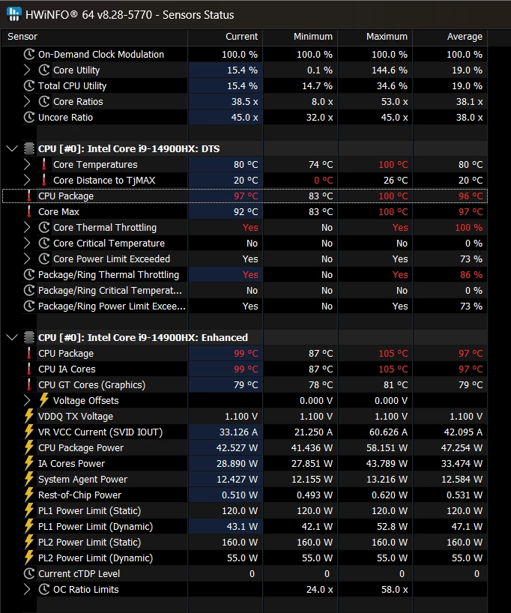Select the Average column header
[465, 37]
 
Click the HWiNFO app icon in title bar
[13, 14]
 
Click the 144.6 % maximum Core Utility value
[390, 70]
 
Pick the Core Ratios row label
[78, 102]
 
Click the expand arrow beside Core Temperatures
[28, 165]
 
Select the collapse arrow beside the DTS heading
[11, 149]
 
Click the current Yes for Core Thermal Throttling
[250, 228]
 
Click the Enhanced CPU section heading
[143, 338]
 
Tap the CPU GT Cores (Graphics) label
[91, 385]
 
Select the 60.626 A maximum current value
[384, 432]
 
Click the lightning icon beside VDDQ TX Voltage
[29, 417]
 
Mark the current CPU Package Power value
[235, 448]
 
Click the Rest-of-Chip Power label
[79, 495]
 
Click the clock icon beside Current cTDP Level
[29, 574]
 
